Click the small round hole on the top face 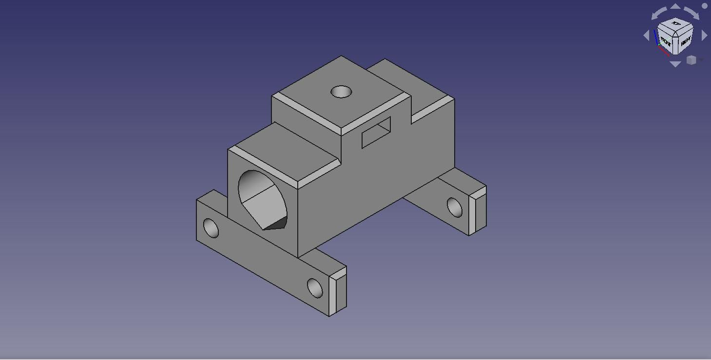[341, 92]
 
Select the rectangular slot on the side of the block [376, 133]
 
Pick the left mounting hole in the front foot [211, 228]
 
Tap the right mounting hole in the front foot [315, 288]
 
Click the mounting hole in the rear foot [454, 207]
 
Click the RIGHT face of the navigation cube [685, 42]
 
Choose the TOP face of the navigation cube [676, 24]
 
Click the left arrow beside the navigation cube [647, 36]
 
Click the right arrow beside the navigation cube [704, 36]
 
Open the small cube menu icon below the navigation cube [692, 60]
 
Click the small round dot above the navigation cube [704, 6]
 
